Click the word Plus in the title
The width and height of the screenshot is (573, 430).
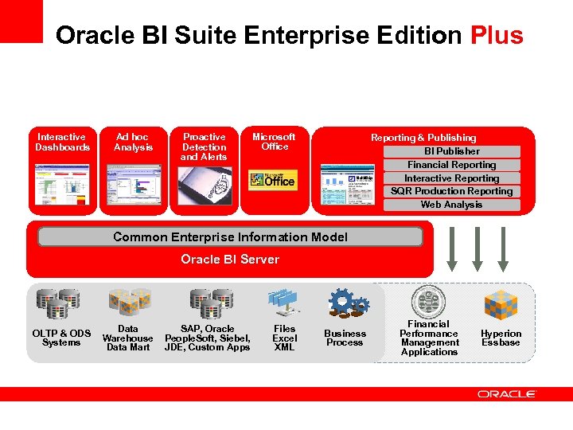[497, 36]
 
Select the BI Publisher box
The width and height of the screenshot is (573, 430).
[451, 151]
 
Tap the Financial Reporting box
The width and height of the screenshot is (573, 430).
[451, 165]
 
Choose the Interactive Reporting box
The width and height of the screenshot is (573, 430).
[451, 178]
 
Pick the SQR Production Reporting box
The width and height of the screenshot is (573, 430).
[451, 191]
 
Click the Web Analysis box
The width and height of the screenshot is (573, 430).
[451, 205]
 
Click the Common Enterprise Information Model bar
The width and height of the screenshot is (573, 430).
[230, 236]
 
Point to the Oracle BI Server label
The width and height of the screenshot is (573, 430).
[230, 259]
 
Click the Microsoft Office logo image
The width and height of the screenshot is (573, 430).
[272, 180]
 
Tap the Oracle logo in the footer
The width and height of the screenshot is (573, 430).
[507, 393]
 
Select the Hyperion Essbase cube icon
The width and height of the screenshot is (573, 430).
[501, 304]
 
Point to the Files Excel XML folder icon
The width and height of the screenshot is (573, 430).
[284, 303]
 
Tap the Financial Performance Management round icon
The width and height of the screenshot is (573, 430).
[428, 302]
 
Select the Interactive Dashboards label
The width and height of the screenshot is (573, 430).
[62, 143]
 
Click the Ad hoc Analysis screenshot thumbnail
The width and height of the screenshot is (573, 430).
[133, 186]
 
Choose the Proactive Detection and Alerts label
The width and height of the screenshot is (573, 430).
[204, 147]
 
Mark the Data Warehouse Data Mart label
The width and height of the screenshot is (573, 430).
[127, 338]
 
